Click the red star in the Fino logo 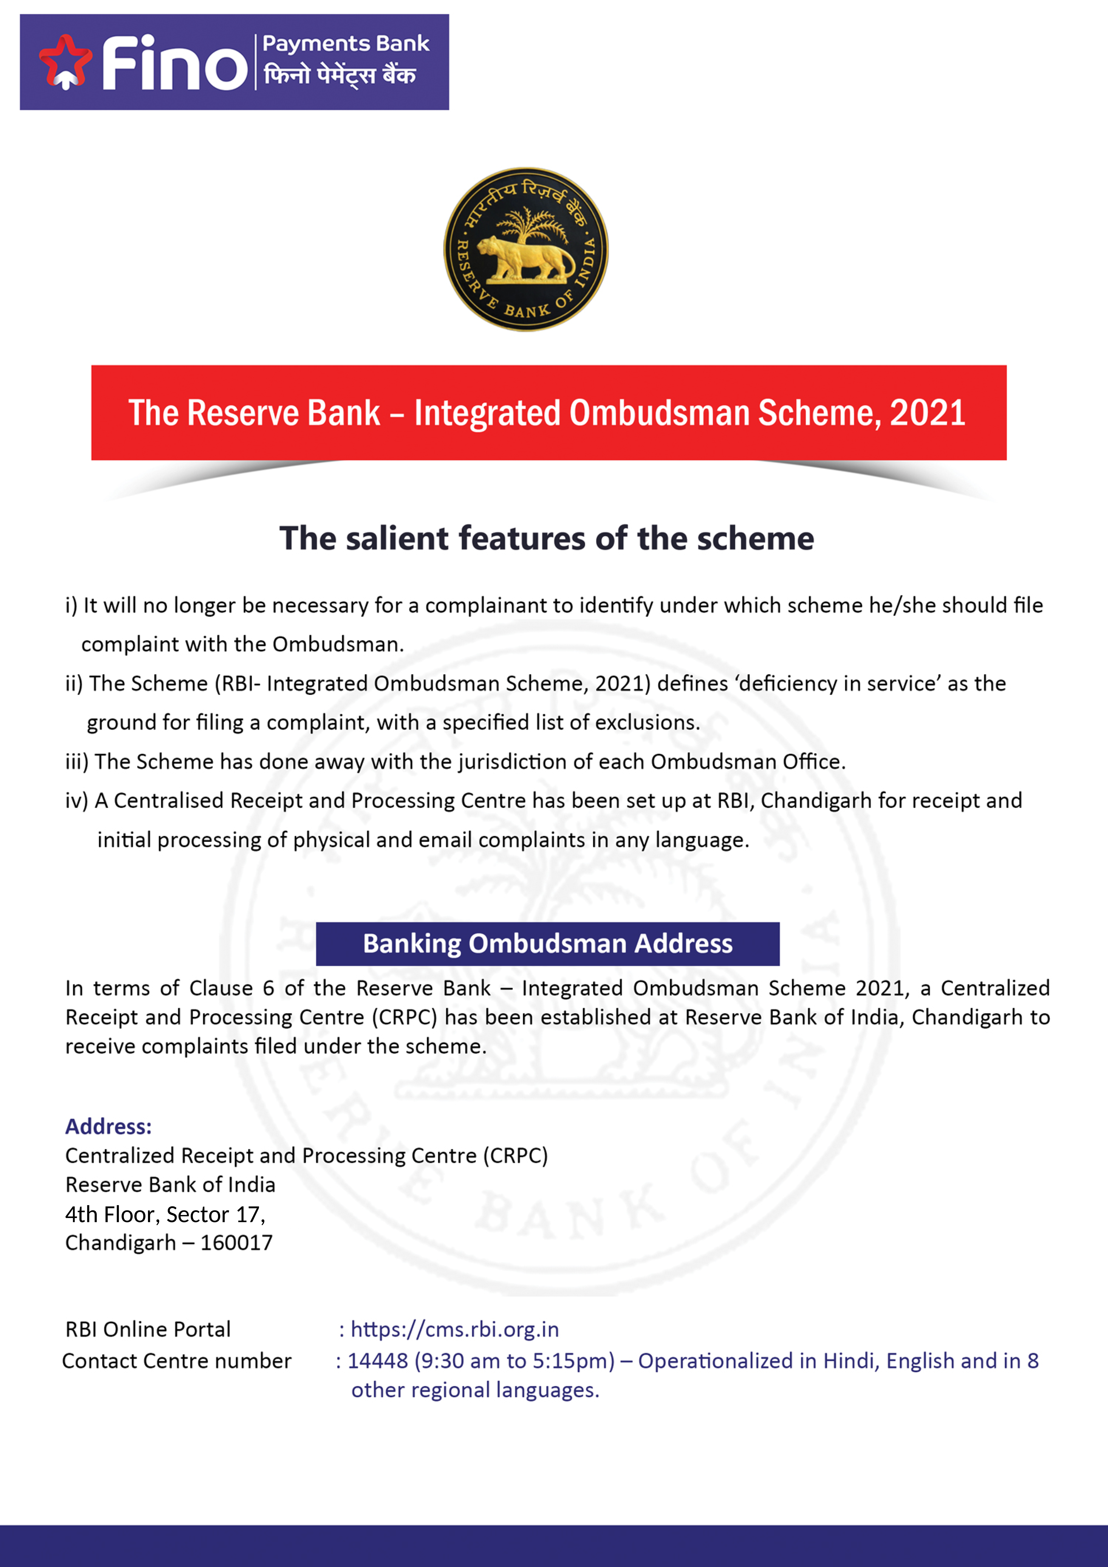point(65,61)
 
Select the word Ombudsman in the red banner point(659,413)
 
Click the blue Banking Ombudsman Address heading point(547,943)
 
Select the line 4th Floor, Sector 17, point(165,1214)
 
